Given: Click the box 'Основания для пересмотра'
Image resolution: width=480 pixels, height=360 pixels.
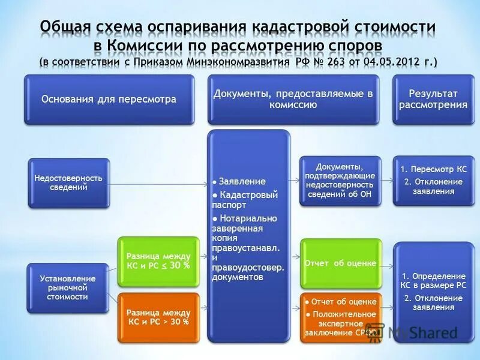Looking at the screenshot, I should click(109, 99).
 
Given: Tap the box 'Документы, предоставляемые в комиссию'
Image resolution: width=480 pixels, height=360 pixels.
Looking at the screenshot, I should click(293, 99).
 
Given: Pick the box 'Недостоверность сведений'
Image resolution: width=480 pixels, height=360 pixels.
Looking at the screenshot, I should click(68, 183).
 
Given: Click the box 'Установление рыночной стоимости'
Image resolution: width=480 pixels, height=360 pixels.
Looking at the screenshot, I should click(68, 288).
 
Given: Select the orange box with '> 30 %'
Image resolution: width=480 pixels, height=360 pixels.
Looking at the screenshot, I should click(158, 317).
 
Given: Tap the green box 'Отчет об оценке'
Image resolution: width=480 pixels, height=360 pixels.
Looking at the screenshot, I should click(340, 263).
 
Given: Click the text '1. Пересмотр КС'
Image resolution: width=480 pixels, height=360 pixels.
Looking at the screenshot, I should click(432, 170).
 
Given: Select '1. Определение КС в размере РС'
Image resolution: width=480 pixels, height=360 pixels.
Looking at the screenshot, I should click(432, 280).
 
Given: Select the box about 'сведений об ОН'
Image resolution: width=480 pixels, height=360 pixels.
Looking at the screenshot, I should click(340, 181).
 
